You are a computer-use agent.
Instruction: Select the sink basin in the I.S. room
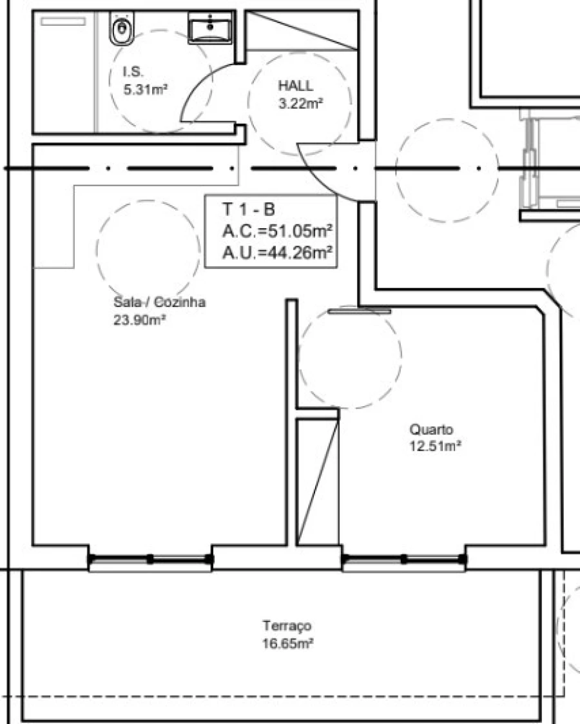[x=211, y=28]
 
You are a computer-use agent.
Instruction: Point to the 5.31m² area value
[x=146, y=90]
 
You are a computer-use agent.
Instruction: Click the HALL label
[x=296, y=86]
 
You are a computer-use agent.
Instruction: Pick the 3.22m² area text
[x=300, y=103]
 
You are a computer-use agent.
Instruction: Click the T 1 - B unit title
[x=249, y=210]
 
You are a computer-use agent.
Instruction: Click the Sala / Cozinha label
[x=159, y=302]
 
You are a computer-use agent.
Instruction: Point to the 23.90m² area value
[x=140, y=318]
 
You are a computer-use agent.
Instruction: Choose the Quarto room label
[x=431, y=429]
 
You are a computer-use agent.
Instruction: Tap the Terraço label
[x=287, y=625]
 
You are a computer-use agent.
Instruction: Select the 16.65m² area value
[x=287, y=643]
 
